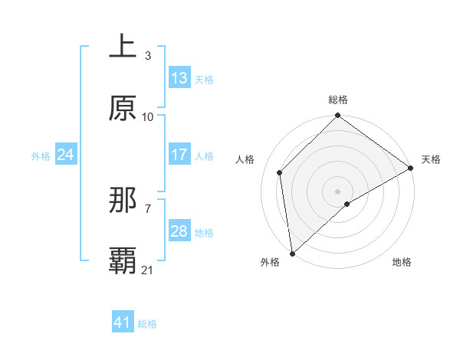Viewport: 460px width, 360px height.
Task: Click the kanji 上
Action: [123, 47]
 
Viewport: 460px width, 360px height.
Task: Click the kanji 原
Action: [123, 109]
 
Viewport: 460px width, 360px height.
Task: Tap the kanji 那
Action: [123, 201]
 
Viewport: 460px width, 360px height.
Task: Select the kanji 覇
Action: [123, 261]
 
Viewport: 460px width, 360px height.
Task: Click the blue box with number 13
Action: [179, 78]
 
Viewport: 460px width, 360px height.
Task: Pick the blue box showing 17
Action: [179, 155]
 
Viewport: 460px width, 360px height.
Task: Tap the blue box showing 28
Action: [179, 231]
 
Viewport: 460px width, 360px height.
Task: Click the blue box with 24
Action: [66, 155]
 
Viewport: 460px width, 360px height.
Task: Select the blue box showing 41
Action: [123, 322]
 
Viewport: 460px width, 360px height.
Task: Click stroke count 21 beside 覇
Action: [148, 270]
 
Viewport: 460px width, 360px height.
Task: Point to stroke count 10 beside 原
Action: [148, 116]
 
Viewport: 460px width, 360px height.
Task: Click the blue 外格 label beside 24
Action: [41, 155]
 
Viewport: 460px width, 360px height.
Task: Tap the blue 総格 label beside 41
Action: [147, 323]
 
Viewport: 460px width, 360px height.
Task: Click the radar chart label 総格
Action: [338, 100]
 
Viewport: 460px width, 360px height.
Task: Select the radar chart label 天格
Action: [431, 159]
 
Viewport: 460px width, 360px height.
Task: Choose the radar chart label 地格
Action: [402, 262]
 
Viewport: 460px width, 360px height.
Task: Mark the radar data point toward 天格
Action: [411, 168]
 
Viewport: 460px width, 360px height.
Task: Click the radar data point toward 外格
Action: [292, 253]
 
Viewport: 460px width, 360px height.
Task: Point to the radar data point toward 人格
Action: [280, 172]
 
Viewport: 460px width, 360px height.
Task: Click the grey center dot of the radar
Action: [337, 191]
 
